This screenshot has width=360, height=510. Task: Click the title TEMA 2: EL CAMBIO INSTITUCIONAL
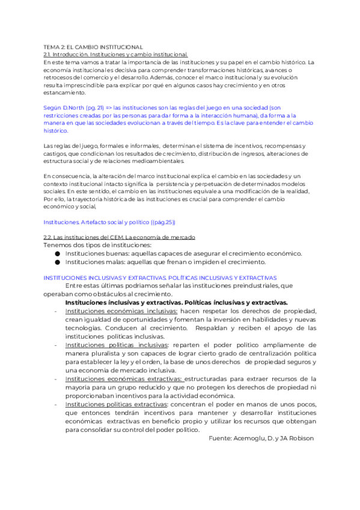tap(93, 46)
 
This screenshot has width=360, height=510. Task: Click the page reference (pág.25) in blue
tap(163, 205)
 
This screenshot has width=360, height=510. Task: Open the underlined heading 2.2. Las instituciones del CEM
tap(119, 221)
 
